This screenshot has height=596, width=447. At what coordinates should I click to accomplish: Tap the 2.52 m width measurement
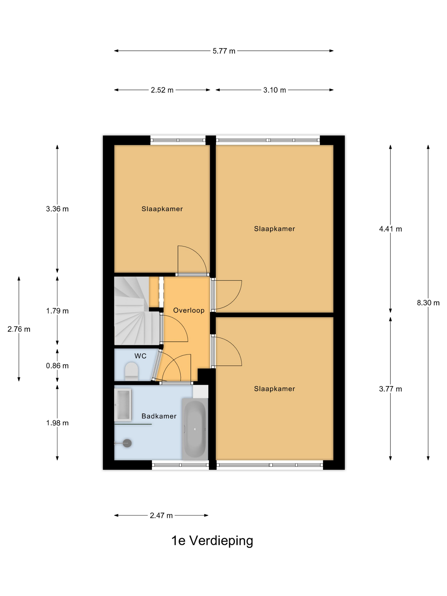[x=162, y=90]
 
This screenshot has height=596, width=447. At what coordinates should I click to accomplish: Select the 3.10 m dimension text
[x=275, y=90]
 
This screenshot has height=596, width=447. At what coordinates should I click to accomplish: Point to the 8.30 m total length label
[x=428, y=303]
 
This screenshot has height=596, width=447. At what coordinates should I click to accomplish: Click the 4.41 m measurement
[x=390, y=229]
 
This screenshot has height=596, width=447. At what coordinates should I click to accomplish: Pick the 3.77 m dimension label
[x=390, y=389]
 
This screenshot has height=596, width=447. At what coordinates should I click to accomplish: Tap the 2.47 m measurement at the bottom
[x=161, y=516]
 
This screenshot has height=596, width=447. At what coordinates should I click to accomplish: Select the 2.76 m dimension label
[x=19, y=329]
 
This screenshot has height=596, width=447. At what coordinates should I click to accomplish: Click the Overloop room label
[x=189, y=310]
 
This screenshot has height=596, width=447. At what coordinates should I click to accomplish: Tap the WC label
[x=140, y=356]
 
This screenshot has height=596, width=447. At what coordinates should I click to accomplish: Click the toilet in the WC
[x=132, y=371]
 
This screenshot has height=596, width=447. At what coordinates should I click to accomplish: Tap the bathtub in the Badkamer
[x=195, y=430]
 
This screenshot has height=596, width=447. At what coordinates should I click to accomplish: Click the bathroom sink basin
[x=123, y=404]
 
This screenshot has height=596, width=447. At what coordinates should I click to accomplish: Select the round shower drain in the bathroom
[x=127, y=443]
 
